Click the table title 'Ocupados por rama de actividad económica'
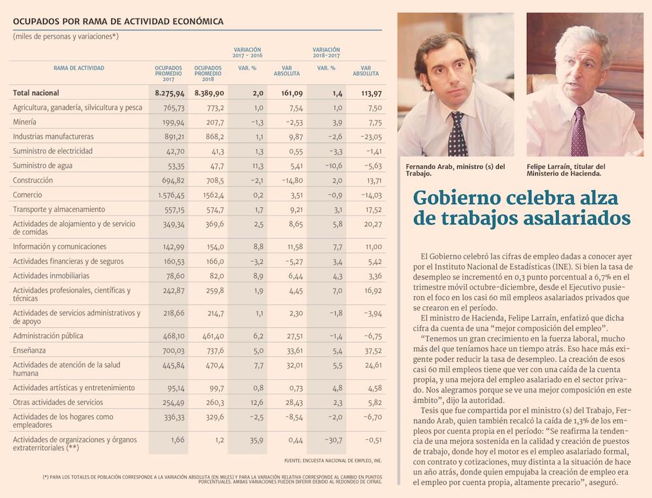click(118, 22)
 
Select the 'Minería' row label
click(25, 122)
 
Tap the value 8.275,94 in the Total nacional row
click(168, 93)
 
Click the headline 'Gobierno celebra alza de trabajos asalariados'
click(522, 207)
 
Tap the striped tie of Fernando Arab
click(457, 134)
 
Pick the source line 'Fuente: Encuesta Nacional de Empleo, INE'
click(333, 461)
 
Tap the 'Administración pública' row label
click(48, 336)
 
